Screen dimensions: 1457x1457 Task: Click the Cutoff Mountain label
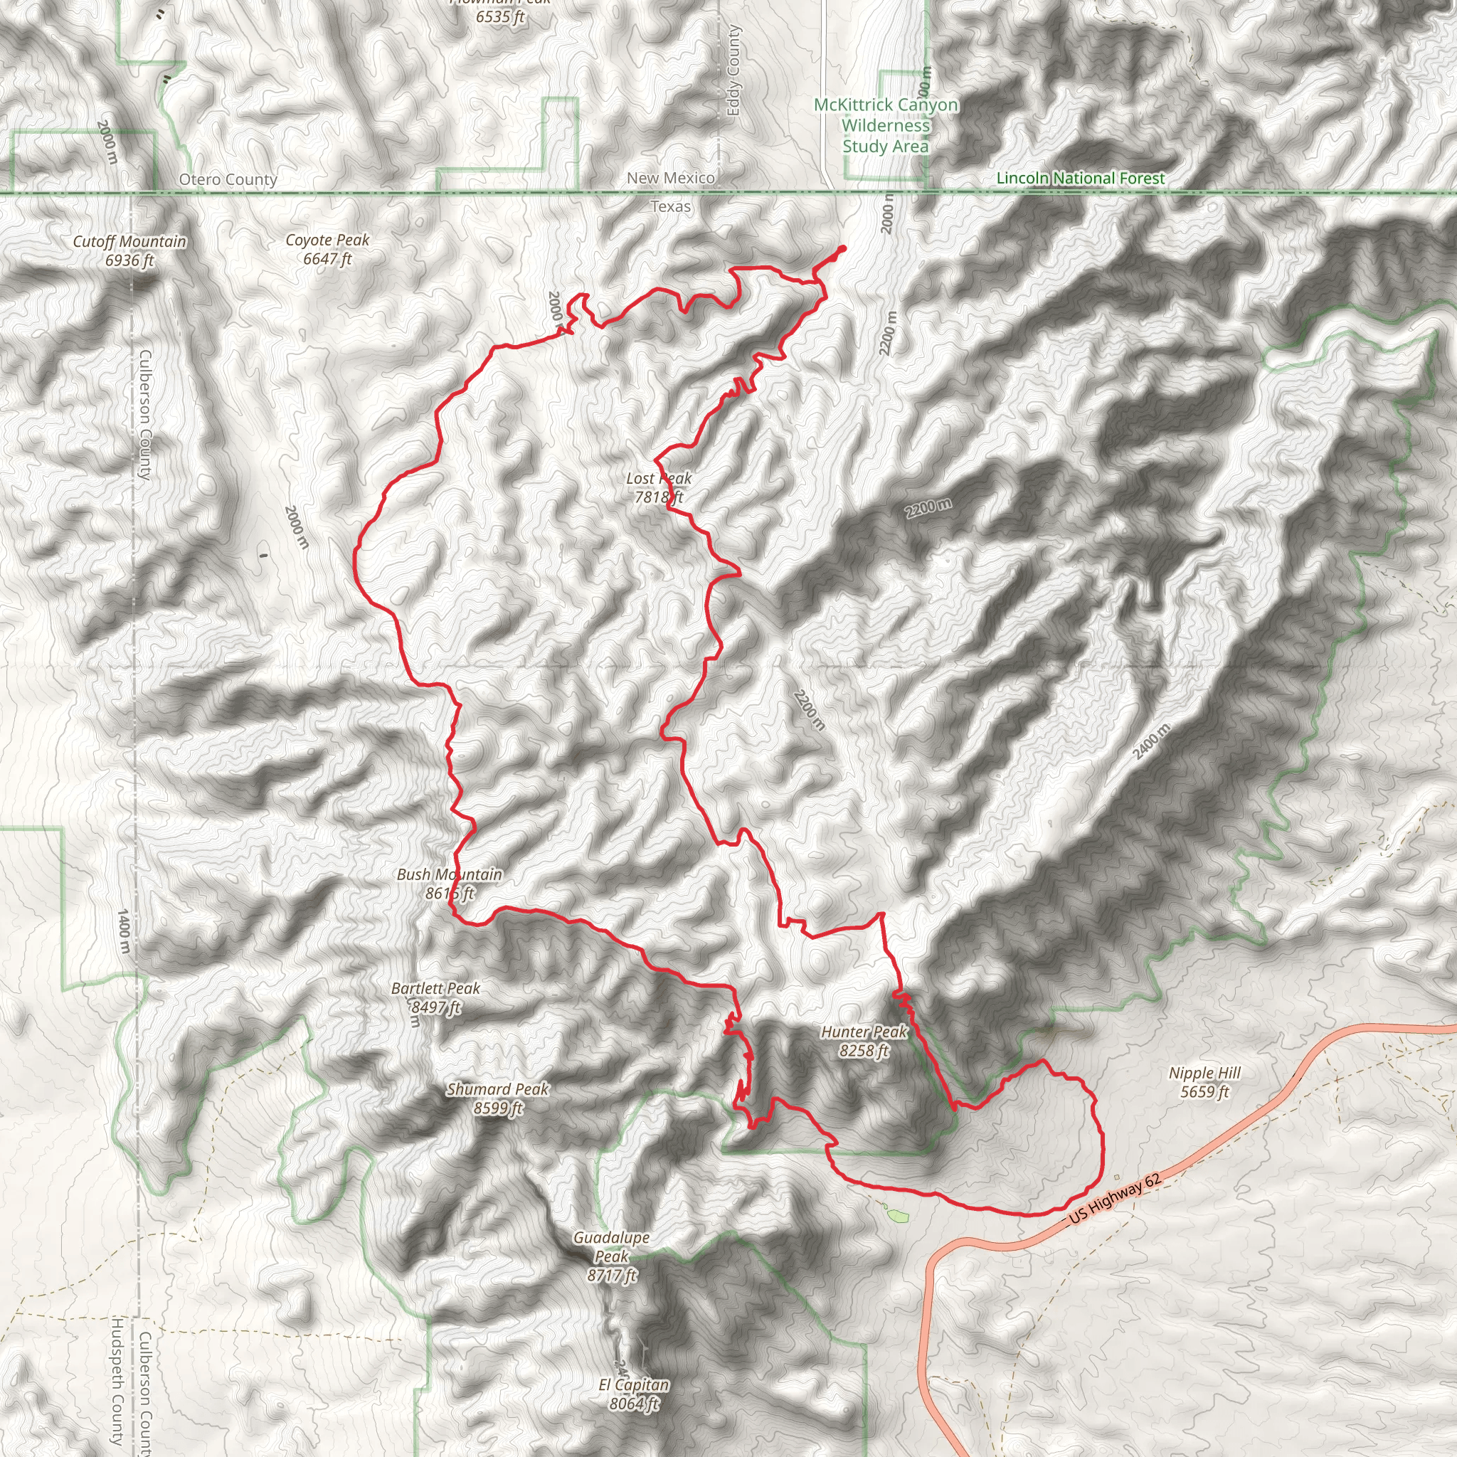click(x=129, y=250)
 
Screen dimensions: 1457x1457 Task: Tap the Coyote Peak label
click(x=327, y=249)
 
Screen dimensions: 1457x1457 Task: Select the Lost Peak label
click(x=658, y=487)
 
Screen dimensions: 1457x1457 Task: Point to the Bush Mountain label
click(x=450, y=883)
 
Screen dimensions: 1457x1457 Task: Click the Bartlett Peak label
click(x=436, y=997)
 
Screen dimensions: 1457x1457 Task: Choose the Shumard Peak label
click(x=498, y=1098)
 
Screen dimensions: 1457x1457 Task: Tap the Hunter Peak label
click(x=864, y=1041)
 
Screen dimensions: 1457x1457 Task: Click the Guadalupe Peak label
click(x=612, y=1256)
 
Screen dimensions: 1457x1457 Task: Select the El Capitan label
click(x=633, y=1394)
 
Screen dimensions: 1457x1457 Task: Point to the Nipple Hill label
click(x=1204, y=1082)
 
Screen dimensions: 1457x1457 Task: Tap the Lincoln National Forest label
click(x=1081, y=178)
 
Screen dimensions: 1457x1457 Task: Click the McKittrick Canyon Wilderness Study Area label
click(x=886, y=125)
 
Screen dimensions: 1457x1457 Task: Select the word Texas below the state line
click(x=670, y=206)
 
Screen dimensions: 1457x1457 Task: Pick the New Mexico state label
click(x=670, y=178)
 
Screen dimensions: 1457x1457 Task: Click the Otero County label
click(x=228, y=179)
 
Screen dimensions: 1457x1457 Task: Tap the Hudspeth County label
click(x=117, y=1380)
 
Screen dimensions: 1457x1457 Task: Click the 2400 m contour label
click(x=1152, y=741)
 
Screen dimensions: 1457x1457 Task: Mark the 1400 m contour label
click(x=123, y=931)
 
